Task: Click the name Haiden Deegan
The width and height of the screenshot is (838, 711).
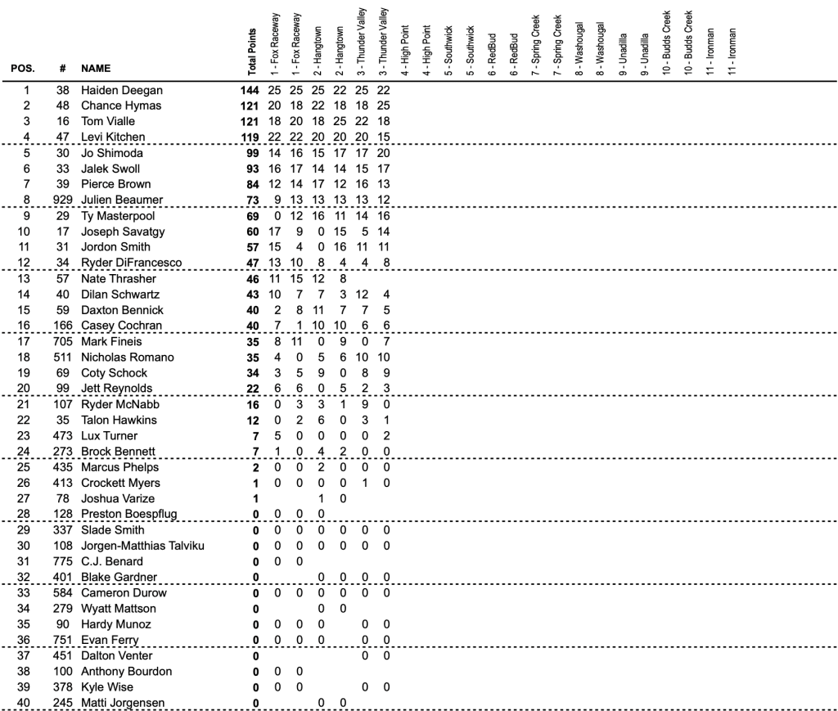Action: (x=122, y=90)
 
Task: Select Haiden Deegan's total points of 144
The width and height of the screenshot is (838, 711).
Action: (x=248, y=90)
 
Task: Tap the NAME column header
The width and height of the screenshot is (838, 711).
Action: (x=96, y=69)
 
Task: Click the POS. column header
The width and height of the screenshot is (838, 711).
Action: (x=22, y=69)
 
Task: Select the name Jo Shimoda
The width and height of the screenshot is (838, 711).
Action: (x=110, y=153)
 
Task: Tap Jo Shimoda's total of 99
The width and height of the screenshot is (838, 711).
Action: (x=251, y=153)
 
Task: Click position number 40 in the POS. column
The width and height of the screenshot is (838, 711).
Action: (x=26, y=703)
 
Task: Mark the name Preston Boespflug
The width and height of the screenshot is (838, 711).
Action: (x=129, y=514)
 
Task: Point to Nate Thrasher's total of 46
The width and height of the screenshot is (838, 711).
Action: (x=251, y=278)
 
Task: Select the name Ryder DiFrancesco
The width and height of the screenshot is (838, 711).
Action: (x=131, y=263)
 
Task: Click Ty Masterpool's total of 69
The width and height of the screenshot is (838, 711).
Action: (x=251, y=216)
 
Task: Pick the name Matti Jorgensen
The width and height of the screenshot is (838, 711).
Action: (x=123, y=703)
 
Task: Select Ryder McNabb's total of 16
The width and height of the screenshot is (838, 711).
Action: (x=251, y=404)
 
